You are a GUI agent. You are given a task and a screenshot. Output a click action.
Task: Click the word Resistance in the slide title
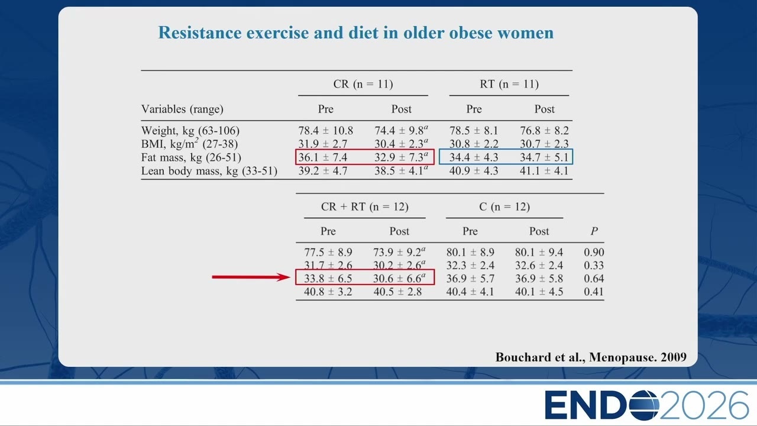click(x=200, y=33)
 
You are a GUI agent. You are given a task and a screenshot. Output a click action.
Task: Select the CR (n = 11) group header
click(x=363, y=84)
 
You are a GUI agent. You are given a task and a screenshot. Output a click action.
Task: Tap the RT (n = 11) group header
click(x=509, y=84)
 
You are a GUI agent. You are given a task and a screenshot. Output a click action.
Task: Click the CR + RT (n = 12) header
click(x=365, y=206)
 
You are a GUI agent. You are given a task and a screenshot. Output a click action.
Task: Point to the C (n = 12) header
click(x=504, y=206)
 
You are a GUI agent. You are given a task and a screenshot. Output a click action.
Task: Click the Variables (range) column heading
click(x=182, y=109)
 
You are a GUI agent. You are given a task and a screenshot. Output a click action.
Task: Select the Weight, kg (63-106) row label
click(x=190, y=131)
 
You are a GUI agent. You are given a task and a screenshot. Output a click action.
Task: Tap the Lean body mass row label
click(x=209, y=171)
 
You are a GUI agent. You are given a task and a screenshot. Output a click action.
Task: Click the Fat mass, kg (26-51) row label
click(x=191, y=157)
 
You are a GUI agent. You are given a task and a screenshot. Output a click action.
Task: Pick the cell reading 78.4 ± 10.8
click(x=325, y=131)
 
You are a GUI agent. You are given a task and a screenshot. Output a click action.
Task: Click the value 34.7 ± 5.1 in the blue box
click(x=544, y=157)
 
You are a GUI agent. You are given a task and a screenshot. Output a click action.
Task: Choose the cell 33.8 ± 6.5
click(x=328, y=279)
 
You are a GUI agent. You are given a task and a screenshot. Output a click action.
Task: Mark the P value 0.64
click(x=594, y=279)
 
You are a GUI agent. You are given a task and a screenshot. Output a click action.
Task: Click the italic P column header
click(x=594, y=231)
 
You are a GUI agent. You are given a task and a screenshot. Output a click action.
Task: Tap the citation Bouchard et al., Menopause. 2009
click(x=591, y=357)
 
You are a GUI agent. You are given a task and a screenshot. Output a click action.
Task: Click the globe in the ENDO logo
click(x=644, y=405)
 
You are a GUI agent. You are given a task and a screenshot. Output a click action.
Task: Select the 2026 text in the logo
click(x=704, y=405)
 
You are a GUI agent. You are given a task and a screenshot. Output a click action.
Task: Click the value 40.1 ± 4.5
click(x=539, y=292)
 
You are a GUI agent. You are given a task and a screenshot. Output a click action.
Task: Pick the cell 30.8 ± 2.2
click(x=474, y=144)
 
